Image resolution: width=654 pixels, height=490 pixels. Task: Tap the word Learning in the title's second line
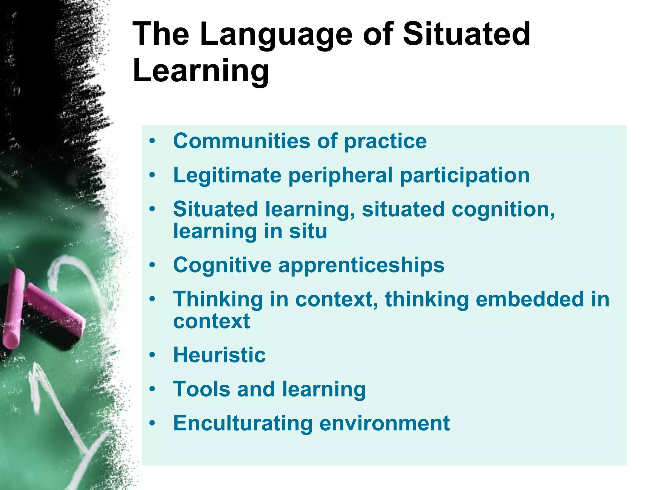pyautogui.click(x=201, y=71)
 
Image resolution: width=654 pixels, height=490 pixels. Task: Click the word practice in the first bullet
pyautogui.click(x=385, y=141)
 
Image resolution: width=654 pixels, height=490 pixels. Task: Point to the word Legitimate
pyautogui.click(x=227, y=175)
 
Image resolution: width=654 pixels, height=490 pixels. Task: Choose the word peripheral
pyautogui.click(x=340, y=175)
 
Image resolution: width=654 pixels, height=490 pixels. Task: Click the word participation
pyautogui.click(x=465, y=175)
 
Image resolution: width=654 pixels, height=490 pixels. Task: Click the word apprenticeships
pyautogui.click(x=361, y=265)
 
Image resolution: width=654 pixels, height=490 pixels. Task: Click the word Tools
pyautogui.click(x=202, y=389)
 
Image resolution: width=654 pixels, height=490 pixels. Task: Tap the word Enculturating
pyautogui.click(x=243, y=423)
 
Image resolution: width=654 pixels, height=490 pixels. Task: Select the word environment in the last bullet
pyautogui.click(x=384, y=423)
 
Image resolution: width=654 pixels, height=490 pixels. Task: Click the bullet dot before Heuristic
pyautogui.click(x=152, y=355)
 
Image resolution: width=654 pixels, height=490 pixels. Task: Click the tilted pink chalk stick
pyautogui.click(x=54, y=306)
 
